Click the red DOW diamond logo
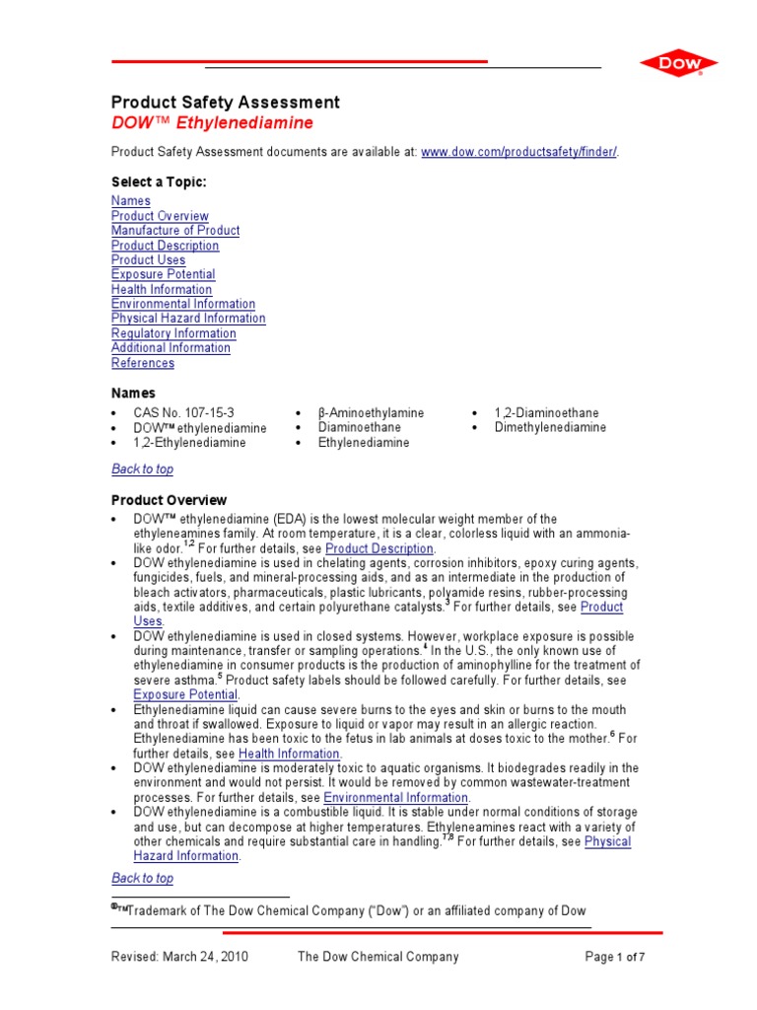click(x=678, y=64)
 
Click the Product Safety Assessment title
click(x=226, y=103)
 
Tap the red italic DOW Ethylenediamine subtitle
click(x=212, y=123)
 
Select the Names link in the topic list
click(x=131, y=201)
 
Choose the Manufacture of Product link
click(x=175, y=231)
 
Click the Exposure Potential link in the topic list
click(x=163, y=274)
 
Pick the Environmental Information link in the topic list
click(x=183, y=304)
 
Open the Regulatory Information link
click(x=173, y=333)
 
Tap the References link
click(x=143, y=363)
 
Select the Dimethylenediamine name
click(x=550, y=428)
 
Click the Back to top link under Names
click(x=142, y=469)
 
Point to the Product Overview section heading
click(x=169, y=501)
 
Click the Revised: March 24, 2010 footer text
click(x=179, y=957)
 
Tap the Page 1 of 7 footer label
click(x=615, y=957)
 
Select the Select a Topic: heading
click(x=159, y=182)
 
